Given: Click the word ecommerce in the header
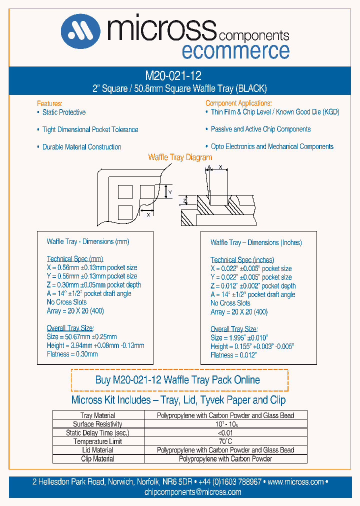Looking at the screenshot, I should click(x=235, y=51).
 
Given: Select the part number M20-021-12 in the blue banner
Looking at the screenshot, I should click(x=173, y=76).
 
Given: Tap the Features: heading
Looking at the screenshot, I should click(x=49, y=103).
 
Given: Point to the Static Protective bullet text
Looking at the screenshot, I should click(x=63, y=112).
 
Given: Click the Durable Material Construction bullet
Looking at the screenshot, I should click(x=81, y=147).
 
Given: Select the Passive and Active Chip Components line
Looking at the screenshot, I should click(x=260, y=129).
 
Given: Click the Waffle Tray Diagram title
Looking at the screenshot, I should click(x=180, y=157).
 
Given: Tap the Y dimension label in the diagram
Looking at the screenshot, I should click(x=169, y=192).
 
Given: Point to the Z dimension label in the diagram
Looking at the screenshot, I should click(x=184, y=200).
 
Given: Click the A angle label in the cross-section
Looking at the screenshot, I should click(x=209, y=168).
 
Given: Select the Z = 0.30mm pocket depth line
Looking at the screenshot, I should click(x=94, y=285).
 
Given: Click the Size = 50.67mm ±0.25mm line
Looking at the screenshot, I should click(x=81, y=337).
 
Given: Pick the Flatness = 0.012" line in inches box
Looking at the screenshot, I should click(x=233, y=355).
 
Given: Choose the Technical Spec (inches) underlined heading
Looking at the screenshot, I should click(x=242, y=260).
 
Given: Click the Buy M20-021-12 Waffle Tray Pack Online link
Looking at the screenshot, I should click(x=177, y=380).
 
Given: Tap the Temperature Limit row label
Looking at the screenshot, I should click(x=97, y=441).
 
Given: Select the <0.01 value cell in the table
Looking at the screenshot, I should click(x=225, y=433).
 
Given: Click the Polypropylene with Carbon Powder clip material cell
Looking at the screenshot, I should click(x=225, y=459).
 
